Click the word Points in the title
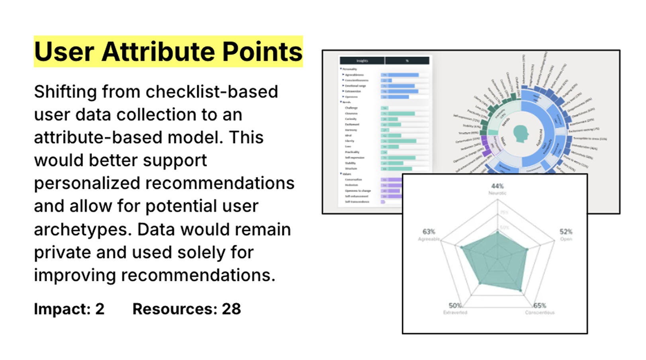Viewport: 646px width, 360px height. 262,52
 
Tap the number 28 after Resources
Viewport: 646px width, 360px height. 231,309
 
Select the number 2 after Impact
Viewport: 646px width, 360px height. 100,309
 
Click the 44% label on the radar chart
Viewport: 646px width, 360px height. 497,186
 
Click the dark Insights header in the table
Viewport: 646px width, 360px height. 362,61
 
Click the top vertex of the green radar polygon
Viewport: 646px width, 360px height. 497,232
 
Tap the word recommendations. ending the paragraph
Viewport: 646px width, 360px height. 198,276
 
